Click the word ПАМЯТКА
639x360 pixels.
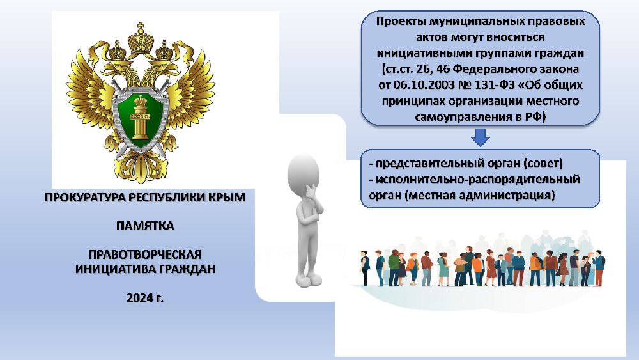click(145, 226)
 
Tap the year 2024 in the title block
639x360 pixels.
click(140, 298)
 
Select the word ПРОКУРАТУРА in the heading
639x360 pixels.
click(86, 198)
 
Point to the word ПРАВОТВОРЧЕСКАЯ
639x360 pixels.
click(145, 254)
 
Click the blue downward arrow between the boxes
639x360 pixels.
click(481, 137)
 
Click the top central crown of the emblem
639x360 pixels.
click(141, 40)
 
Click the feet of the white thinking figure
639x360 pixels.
click(309, 281)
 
